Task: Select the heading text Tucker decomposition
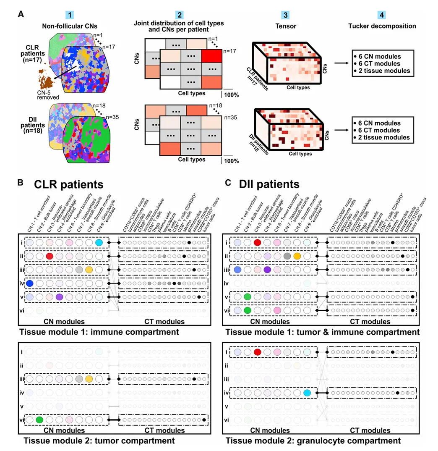click(382, 26)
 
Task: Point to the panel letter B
click(19, 184)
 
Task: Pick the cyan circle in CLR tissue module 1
click(99, 243)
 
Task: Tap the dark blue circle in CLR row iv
click(30, 283)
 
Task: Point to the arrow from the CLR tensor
click(338, 63)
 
